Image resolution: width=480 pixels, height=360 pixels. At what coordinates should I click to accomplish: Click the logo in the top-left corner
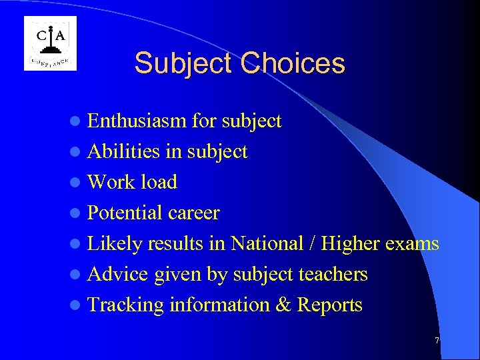coord(50,43)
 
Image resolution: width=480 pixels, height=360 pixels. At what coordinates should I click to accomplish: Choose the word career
coord(193,213)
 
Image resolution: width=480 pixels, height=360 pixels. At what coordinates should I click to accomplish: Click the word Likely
coord(115,244)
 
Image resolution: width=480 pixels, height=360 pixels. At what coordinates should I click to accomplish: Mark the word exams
coord(412,244)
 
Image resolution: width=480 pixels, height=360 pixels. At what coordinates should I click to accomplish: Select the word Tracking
coord(125,305)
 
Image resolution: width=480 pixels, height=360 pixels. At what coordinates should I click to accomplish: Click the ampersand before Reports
coord(283,305)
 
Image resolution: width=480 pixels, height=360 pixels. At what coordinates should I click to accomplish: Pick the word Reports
coord(329,305)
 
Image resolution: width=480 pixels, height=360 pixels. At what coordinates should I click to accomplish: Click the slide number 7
coord(437,341)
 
